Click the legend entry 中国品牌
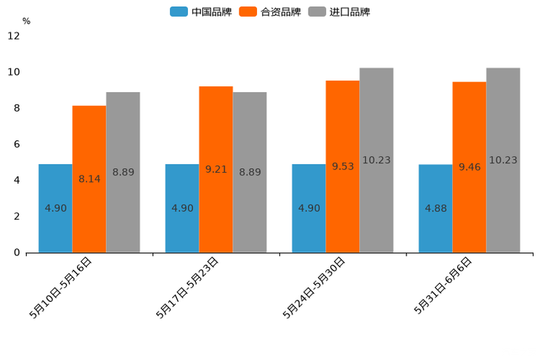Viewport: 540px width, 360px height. (201, 12)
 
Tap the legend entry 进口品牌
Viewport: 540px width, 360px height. (340, 12)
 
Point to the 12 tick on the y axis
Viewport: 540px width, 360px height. (15, 36)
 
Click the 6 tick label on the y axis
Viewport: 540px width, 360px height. (17, 144)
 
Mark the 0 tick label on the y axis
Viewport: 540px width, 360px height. (17, 253)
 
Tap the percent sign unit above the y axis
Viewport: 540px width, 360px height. (26, 21)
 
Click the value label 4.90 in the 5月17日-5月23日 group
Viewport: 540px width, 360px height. (182, 208)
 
